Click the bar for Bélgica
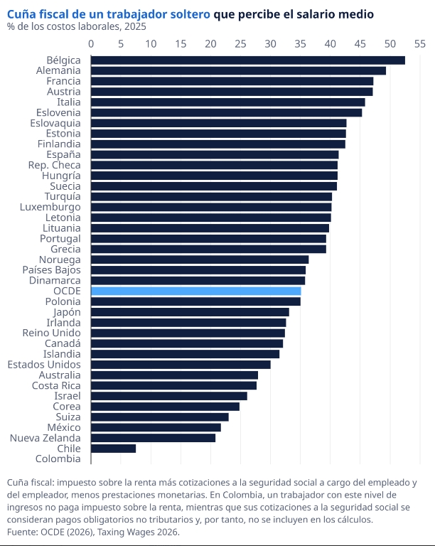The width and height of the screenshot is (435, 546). tap(247, 60)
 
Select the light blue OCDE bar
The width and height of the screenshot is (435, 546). tap(195, 291)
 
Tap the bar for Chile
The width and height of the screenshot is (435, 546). tap(113, 449)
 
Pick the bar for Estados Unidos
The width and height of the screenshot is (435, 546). tap(181, 365)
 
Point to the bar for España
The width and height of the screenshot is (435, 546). tap(215, 155)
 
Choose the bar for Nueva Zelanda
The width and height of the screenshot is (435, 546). tap(153, 438)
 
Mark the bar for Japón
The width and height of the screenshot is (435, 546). tap(190, 312)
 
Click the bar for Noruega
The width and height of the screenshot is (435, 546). tap(200, 259)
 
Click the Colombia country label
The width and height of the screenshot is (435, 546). tap(58, 459)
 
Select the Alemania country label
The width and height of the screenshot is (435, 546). tap(58, 71)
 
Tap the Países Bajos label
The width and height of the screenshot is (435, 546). tap(51, 270)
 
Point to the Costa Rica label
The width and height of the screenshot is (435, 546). tap(56, 385)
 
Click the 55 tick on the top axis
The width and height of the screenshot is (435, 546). tap(419, 44)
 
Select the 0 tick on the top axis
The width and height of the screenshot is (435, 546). tap(91, 44)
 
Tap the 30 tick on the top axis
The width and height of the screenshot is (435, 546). tap(270, 44)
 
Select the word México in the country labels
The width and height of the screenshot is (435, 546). tap(63, 427)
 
